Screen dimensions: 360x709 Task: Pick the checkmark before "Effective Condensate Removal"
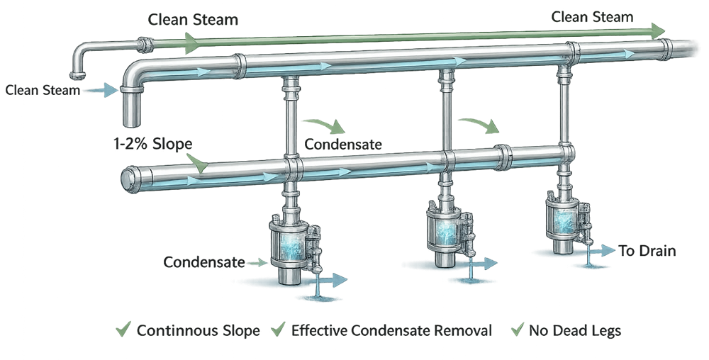tap(280, 330)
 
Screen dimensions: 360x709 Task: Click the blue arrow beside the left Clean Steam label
tap(104, 90)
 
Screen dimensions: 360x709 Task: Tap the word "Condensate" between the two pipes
tap(343, 145)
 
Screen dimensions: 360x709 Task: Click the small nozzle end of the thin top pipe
tap(76, 73)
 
